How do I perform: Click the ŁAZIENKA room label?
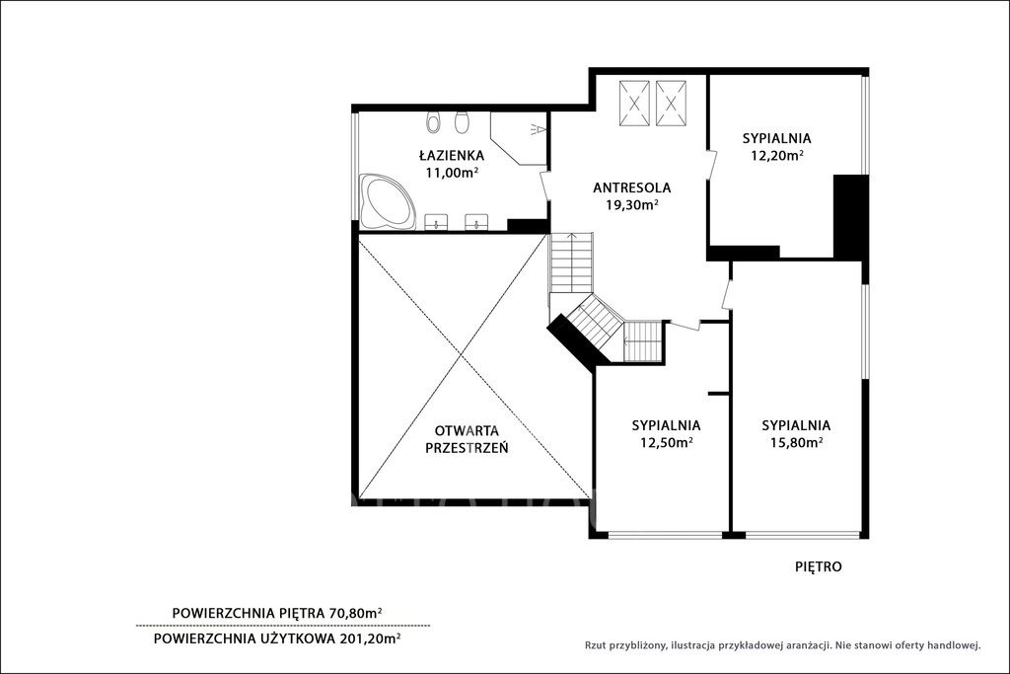pyautogui.click(x=451, y=155)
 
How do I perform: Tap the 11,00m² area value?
pyautogui.click(x=451, y=172)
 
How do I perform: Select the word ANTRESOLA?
pyautogui.click(x=632, y=188)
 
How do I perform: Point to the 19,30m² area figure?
pyautogui.click(x=631, y=205)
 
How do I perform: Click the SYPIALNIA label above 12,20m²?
pyautogui.click(x=776, y=138)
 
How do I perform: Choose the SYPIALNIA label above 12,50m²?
pyautogui.click(x=666, y=426)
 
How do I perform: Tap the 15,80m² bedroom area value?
pyautogui.click(x=796, y=442)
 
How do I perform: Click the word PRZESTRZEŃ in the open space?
pyautogui.click(x=467, y=447)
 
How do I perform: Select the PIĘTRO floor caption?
pyautogui.click(x=818, y=567)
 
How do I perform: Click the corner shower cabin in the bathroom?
pyautogui.click(x=518, y=138)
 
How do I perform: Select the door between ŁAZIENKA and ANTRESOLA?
pyautogui.click(x=544, y=186)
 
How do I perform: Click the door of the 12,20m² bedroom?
pyautogui.click(x=712, y=166)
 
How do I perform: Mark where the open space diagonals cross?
pyautogui.click(x=460, y=355)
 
